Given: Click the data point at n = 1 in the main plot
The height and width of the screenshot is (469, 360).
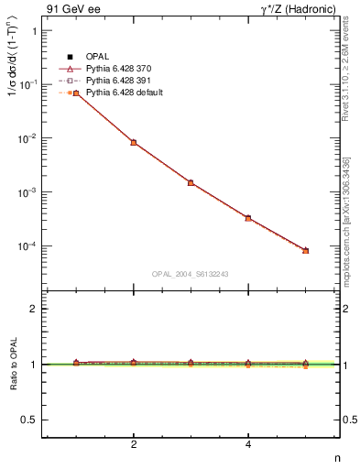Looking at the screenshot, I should point(76,93).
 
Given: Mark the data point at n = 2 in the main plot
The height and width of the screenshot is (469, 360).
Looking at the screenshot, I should point(134,143).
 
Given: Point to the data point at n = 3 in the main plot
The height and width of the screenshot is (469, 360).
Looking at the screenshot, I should point(191,182).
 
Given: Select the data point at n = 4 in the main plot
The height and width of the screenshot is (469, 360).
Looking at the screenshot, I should point(248,218).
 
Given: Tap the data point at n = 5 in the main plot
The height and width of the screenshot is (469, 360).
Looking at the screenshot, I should point(306,250).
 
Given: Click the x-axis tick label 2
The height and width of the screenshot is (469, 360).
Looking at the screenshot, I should point(134,444).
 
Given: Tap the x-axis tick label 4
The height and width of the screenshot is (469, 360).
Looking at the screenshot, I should point(248,444).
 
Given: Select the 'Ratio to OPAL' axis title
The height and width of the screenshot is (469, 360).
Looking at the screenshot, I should point(12,365).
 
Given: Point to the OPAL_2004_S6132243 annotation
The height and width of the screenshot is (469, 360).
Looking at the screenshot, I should point(191,274).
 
